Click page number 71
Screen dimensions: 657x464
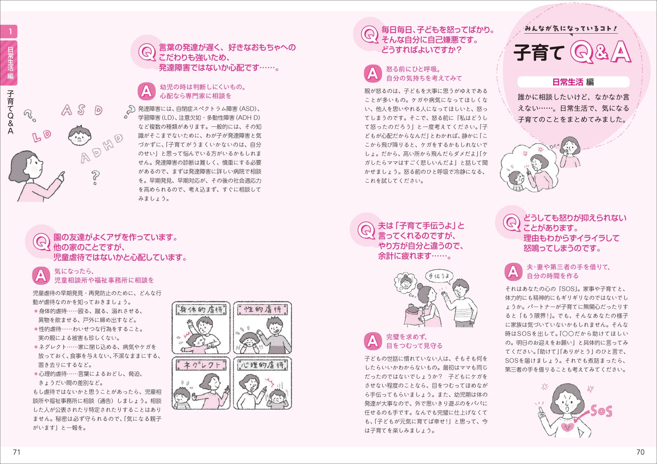click(x=17, y=452)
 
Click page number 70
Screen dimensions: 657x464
click(x=641, y=452)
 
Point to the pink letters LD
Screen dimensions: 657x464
click(x=42, y=136)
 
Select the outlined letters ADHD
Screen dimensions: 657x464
click(x=102, y=148)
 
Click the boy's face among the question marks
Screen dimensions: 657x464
click(x=80, y=135)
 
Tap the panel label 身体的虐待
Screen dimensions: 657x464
click(x=201, y=310)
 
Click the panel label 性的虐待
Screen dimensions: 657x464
click(x=263, y=309)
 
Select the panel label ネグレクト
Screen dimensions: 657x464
click(x=201, y=365)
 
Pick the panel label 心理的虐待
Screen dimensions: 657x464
click(x=263, y=365)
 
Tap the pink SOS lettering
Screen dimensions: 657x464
click(x=601, y=411)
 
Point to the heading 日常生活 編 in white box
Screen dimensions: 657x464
click(x=573, y=82)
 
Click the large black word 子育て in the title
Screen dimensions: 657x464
click(x=539, y=53)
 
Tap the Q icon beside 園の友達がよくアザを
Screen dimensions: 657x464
click(x=41, y=242)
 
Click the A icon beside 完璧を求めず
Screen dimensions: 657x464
click(x=373, y=341)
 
